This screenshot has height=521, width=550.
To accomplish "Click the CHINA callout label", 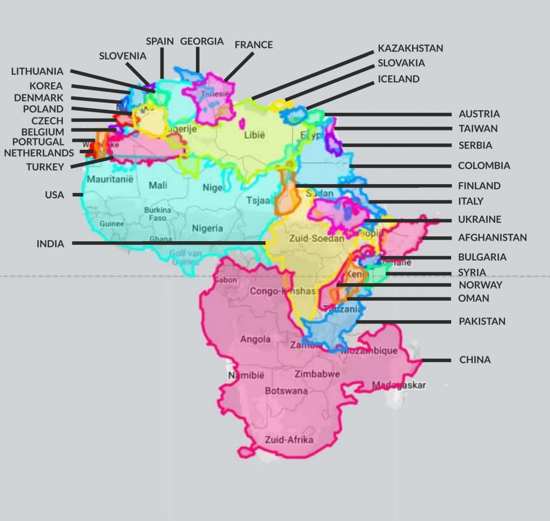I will click(x=475, y=360).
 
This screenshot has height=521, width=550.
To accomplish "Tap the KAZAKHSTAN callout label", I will click(x=410, y=48).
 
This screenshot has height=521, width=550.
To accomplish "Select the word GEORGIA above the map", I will click(x=201, y=41).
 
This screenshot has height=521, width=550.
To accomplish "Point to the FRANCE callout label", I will click(x=254, y=45).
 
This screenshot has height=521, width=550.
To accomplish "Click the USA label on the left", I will click(x=54, y=195).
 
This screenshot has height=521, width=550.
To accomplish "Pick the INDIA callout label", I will click(x=50, y=244).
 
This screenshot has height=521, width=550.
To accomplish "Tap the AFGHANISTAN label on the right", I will click(x=493, y=237).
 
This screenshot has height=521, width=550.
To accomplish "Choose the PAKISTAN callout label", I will click(x=482, y=322).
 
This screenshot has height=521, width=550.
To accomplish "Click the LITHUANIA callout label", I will click(x=37, y=71).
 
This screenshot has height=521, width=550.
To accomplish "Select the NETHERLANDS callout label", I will click(x=39, y=153).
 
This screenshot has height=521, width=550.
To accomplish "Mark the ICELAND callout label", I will click(x=399, y=79).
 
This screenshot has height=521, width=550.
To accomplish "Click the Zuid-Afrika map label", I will click(x=289, y=440).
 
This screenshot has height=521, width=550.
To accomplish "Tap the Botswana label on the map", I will click(x=286, y=391).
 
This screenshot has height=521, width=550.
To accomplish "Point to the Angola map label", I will click(x=255, y=339).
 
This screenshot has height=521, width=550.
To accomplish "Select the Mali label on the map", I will click(x=158, y=185).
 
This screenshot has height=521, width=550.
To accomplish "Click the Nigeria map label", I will click(x=207, y=228).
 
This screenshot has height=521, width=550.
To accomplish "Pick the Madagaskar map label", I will click(x=399, y=385).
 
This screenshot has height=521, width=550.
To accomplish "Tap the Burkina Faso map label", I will click(x=157, y=214).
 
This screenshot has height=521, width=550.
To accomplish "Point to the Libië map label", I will click(x=255, y=135).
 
